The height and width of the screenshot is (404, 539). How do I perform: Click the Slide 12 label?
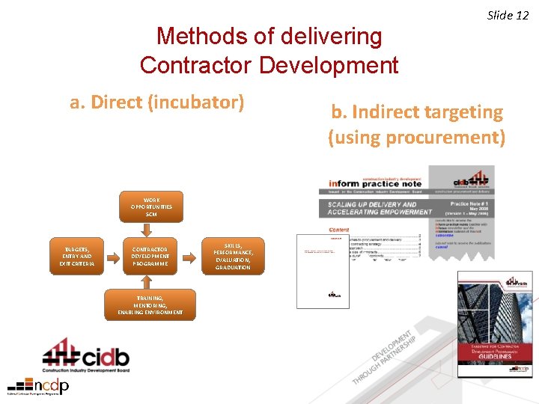[508, 15]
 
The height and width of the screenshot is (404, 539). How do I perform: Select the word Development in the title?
[329, 64]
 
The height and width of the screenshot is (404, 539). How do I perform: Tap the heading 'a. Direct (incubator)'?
[157, 102]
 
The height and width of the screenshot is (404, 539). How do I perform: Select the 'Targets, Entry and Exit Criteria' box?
[76, 254]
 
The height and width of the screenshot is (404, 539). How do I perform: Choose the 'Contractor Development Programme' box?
[150, 254]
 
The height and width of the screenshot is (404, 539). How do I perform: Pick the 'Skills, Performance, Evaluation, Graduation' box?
[234, 256]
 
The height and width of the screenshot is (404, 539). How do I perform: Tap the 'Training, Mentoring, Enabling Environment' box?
[150, 305]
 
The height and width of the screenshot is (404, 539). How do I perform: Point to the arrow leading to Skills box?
[191, 255]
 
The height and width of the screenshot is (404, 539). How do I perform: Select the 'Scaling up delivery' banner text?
[379, 208]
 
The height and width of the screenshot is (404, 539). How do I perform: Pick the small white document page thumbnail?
[323, 266]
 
